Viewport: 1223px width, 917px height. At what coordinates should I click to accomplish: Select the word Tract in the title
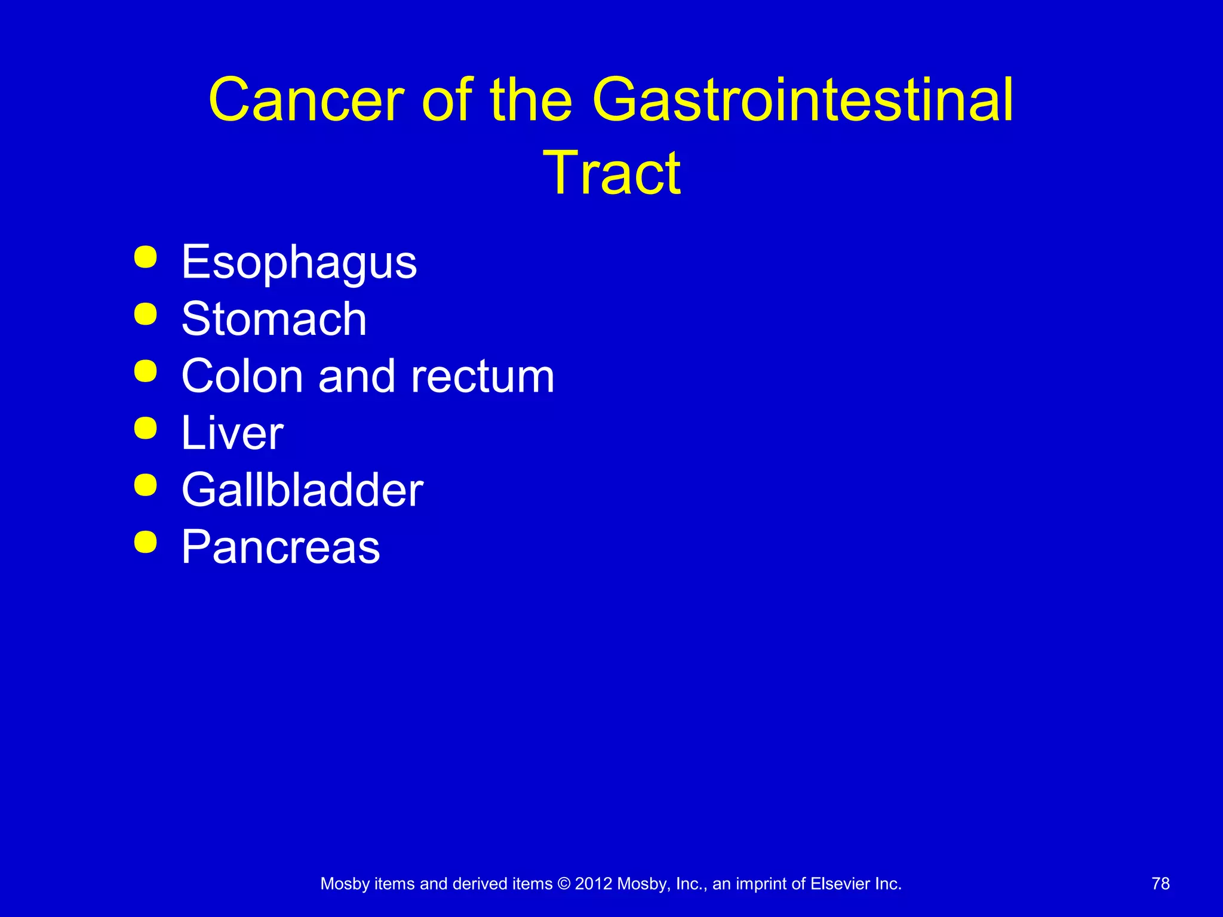[611, 173]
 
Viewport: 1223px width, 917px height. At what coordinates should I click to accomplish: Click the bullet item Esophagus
[299, 263]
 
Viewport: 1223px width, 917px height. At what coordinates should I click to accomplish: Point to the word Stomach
[274, 319]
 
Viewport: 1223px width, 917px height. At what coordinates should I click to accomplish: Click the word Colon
[242, 376]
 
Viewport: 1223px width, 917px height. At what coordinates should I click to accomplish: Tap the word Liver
[232, 433]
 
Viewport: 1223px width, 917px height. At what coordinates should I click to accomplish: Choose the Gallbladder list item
[302, 490]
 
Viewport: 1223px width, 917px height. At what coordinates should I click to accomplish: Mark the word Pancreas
[280, 547]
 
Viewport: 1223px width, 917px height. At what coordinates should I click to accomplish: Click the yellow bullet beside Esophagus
[146, 257]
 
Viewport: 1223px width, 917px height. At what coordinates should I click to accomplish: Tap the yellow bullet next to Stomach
[146, 314]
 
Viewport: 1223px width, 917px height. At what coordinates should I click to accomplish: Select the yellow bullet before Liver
[146, 428]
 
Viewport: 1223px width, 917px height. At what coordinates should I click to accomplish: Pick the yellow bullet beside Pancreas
[146, 542]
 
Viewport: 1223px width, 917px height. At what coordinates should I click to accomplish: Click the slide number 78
[1160, 884]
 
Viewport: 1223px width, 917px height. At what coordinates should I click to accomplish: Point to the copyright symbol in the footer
[564, 884]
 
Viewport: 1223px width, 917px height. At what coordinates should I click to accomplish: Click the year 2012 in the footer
[593, 884]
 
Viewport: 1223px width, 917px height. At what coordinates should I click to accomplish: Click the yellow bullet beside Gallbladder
[146, 485]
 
